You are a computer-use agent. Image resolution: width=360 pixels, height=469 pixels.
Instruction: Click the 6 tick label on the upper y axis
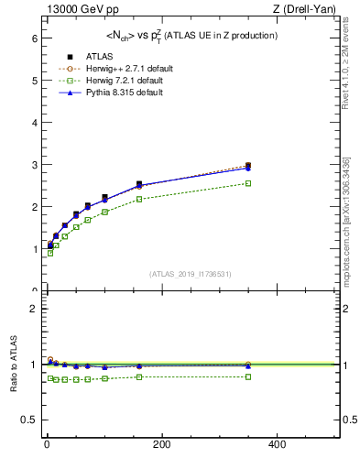click(x=33, y=38)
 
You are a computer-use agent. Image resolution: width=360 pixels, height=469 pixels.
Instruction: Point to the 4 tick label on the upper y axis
click(x=33, y=123)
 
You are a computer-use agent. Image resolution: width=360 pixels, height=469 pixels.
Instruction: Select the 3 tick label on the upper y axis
click(x=33, y=165)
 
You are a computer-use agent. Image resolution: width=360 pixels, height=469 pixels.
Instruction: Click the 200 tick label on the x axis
click(x=161, y=444)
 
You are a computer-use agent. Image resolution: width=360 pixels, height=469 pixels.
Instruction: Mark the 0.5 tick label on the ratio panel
click(x=28, y=420)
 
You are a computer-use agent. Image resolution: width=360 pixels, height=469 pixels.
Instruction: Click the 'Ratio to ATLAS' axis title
click(x=13, y=364)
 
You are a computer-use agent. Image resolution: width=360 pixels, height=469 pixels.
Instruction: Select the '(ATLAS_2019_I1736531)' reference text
click(x=190, y=273)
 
